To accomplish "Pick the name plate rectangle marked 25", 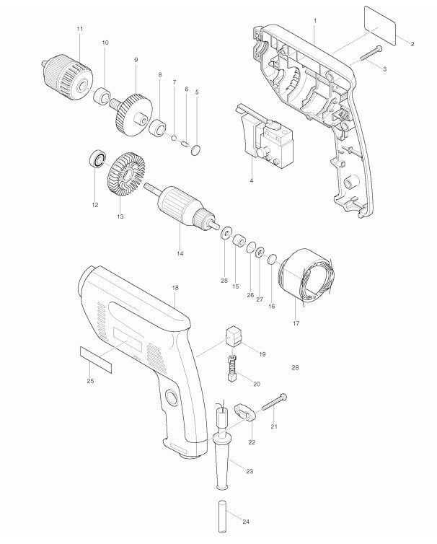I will (95, 358).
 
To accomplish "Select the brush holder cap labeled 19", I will (233, 335).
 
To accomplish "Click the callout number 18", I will (175, 287).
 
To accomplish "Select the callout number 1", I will (314, 17).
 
